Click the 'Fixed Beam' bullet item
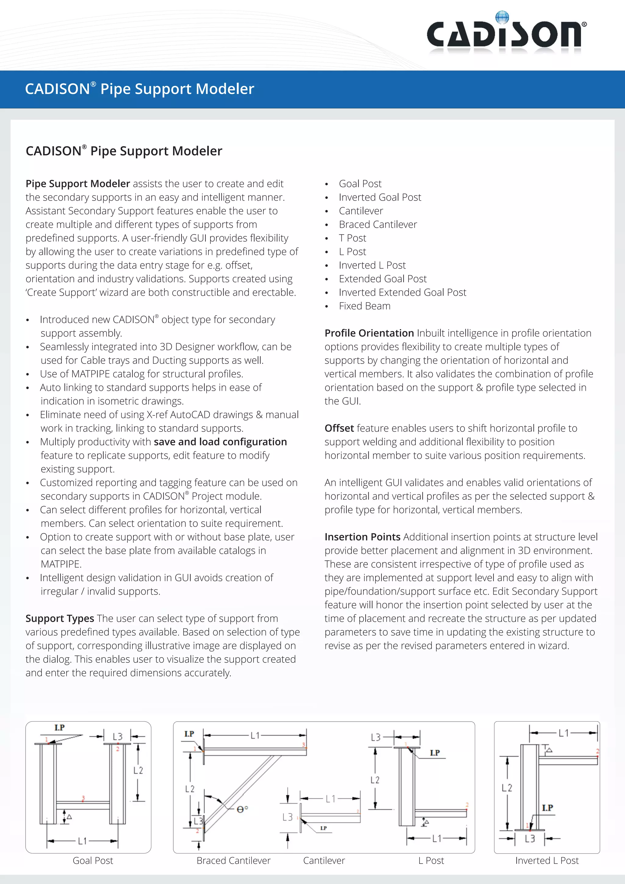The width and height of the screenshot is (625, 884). coord(364,306)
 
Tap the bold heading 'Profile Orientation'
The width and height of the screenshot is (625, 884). coord(369,333)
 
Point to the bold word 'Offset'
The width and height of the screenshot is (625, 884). coord(339,428)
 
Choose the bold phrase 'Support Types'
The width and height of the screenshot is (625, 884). coord(60,618)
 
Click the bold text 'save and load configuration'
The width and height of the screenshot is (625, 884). coord(220,442)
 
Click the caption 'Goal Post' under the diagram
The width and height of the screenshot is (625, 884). coord(93,860)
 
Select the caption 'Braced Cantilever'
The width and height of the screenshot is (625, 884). coord(233,860)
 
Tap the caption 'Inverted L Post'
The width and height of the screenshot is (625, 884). coord(547,860)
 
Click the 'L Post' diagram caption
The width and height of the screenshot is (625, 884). coord(431,860)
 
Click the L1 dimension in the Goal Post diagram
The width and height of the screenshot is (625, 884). coord(82,841)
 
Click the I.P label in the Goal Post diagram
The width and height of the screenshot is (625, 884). coord(59,727)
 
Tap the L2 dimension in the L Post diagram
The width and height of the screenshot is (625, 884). coord(375,780)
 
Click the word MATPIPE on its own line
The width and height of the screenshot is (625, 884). coord(61,564)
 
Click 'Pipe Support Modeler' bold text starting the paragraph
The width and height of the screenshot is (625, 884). coord(78,184)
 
